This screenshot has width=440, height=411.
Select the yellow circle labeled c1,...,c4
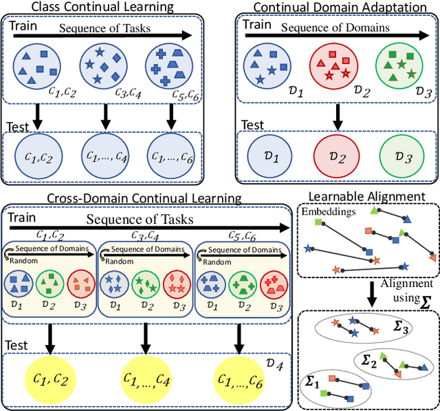tap(146, 376)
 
